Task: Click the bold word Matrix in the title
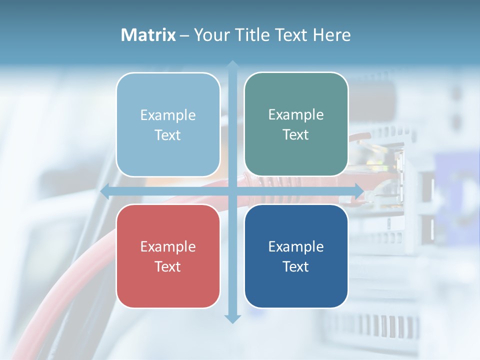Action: (x=148, y=35)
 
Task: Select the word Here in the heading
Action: (x=331, y=35)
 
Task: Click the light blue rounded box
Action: (x=168, y=125)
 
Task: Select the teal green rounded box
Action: (x=296, y=124)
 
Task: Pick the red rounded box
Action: (x=168, y=256)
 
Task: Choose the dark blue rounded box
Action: (x=296, y=256)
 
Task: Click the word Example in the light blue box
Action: (x=168, y=115)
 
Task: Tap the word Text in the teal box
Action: (x=296, y=135)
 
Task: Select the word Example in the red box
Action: (x=168, y=246)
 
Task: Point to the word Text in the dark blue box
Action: (x=296, y=266)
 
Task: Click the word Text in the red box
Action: (x=168, y=266)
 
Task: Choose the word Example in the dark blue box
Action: (x=296, y=246)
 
